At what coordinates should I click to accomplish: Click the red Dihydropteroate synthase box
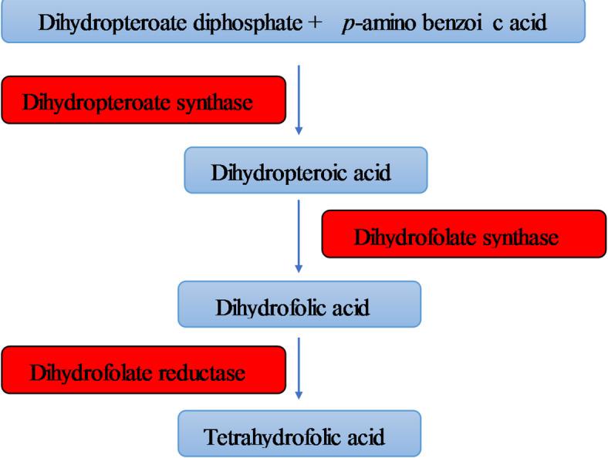click(x=140, y=99)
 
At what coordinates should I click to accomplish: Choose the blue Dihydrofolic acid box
click(x=299, y=307)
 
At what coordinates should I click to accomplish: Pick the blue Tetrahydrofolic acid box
click(x=300, y=436)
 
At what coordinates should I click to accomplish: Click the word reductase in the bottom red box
click(x=207, y=373)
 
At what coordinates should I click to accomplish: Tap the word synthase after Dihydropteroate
click(x=218, y=102)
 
